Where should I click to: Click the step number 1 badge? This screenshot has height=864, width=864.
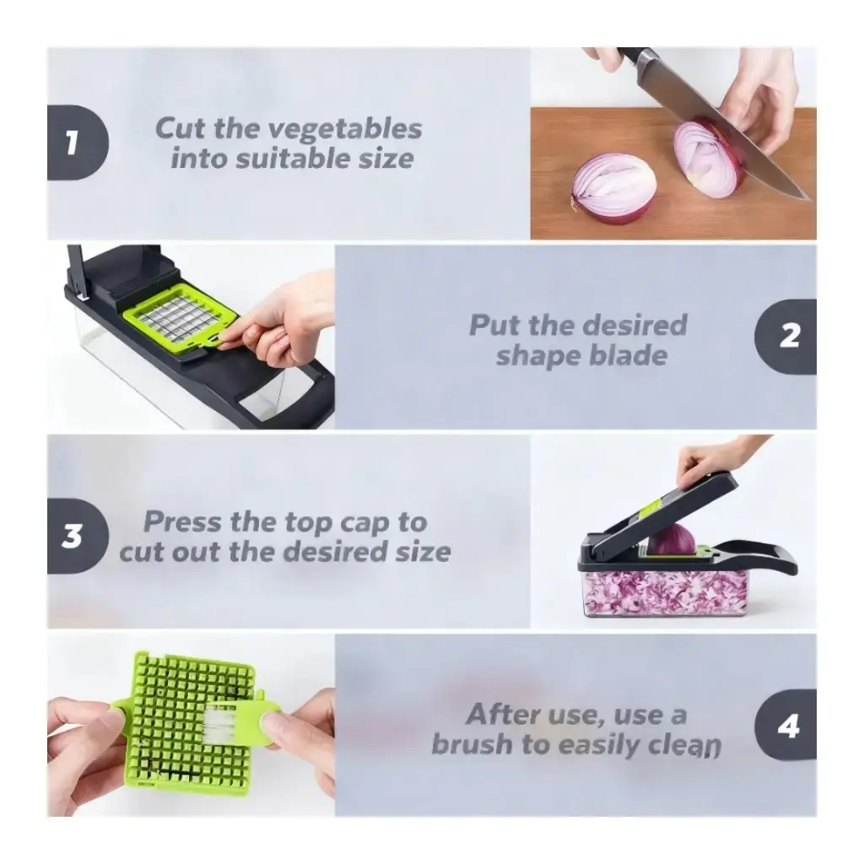[77, 142]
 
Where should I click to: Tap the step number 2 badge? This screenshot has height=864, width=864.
[786, 337]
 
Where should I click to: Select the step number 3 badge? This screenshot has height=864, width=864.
[77, 536]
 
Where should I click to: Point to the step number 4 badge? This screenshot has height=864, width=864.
[786, 725]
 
